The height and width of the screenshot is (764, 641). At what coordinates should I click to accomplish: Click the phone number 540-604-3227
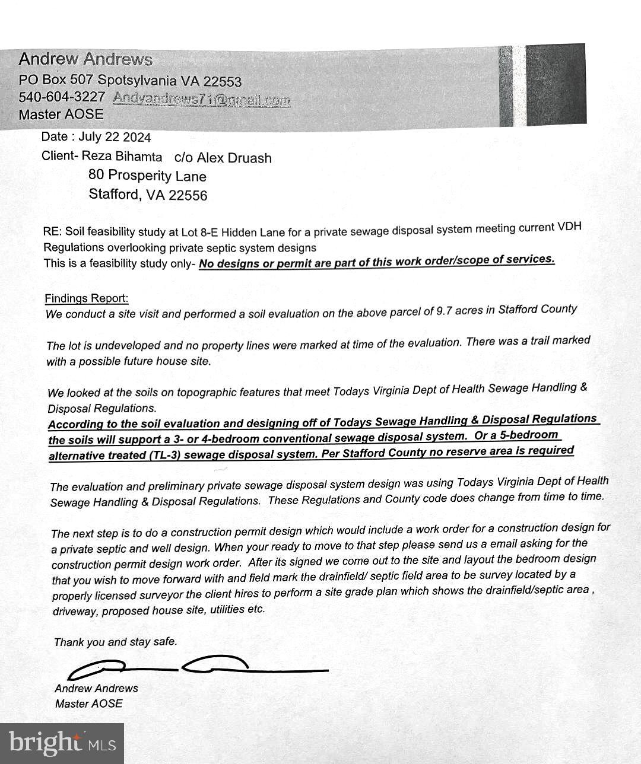[x=62, y=97]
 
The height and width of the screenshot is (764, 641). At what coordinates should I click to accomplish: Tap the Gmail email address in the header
[x=201, y=99]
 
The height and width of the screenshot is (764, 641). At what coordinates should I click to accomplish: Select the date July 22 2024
[x=115, y=137]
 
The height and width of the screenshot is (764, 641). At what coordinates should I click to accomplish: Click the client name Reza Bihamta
[x=130, y=157]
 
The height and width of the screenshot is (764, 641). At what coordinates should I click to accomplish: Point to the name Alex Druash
[x=234, y=158]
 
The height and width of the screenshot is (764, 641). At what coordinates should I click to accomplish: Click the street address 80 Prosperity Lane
[x=147, y=176]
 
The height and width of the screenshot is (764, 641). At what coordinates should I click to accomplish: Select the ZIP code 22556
[x=188, y=195]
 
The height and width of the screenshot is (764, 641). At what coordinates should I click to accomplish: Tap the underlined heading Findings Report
[x=86, y=298]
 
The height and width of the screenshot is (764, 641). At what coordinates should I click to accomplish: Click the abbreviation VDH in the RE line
[x=569, y=227]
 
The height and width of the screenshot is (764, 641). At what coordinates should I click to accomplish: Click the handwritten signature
[x=196, y=667]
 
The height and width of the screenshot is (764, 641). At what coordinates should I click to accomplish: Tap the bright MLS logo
[x=62, y=743]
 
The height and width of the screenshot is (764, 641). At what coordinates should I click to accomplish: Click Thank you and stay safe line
[x=115, y=642]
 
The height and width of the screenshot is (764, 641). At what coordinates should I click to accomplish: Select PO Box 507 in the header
[x=56, y=79]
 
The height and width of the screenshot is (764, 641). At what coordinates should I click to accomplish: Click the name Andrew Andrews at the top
[x=85, y=59]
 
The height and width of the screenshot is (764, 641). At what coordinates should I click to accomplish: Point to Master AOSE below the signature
[x=88, y=703]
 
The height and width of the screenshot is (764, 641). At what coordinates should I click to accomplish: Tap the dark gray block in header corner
[x=555, y=84]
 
